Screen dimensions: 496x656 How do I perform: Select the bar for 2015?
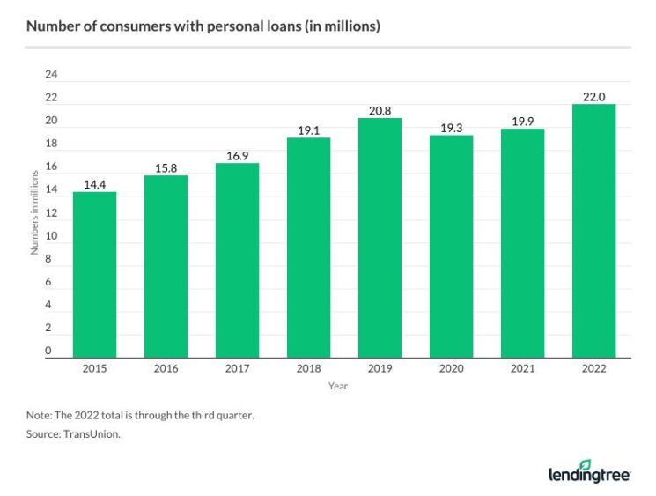(94, 275)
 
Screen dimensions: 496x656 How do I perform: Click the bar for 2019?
(380, 238)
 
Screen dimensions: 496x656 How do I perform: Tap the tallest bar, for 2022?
(593, 231)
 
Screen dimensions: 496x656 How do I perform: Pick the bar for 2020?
(451, 247)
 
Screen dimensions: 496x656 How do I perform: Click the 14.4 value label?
(94, 184)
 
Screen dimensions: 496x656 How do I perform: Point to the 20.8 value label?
(380, 110)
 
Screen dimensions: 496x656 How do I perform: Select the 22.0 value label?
(593, 96)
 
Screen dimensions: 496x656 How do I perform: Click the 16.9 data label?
(237, 155)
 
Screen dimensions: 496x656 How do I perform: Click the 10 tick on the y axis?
(50, 236)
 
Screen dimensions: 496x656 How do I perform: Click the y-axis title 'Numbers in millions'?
(34, 215)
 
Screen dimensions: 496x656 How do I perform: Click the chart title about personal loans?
(203, 26)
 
